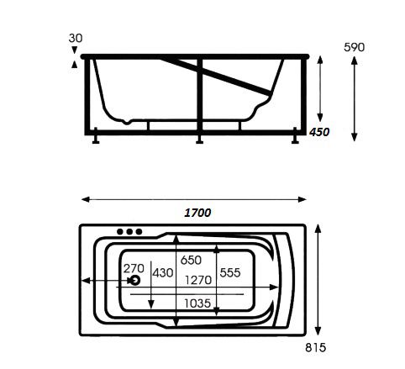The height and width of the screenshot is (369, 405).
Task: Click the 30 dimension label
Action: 76,38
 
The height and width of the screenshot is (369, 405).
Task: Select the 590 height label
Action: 355,47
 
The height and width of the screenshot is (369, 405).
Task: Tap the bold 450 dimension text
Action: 319,132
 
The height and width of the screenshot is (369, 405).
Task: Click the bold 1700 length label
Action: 197,213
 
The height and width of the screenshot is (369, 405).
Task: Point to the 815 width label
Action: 316,348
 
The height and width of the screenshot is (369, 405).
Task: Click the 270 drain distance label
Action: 134,268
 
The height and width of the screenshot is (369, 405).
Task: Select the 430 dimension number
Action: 163,272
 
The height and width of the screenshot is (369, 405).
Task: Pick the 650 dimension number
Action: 191,261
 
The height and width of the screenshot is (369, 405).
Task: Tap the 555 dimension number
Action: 230,272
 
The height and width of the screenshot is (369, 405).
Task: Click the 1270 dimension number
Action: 198,280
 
